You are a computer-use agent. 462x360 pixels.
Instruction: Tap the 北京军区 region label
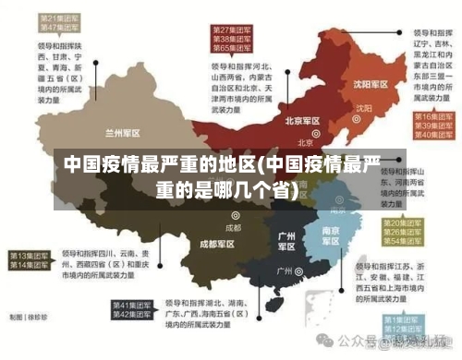click(x=302, y=121)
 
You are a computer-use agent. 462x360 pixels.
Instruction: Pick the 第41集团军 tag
click(x=131, y=305)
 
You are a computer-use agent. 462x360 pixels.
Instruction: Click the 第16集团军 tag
click(x=431, y=117)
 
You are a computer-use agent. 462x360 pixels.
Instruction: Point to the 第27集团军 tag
click(x=234, y=30)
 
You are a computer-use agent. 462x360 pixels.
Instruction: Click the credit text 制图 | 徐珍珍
click(x=28, y=317)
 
